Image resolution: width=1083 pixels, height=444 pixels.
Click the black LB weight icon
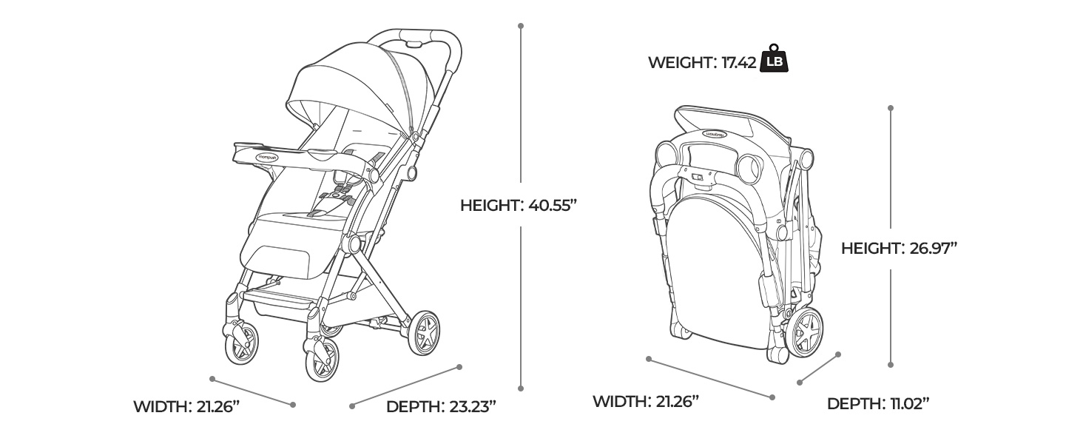(774, 59)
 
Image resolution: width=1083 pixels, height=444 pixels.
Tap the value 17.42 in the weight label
(738, 62)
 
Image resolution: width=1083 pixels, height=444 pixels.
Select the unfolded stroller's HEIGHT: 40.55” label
(519, 206)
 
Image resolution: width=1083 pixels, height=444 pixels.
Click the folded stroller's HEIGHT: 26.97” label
(900, 249)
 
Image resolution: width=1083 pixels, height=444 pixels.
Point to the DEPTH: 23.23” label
(441, 407)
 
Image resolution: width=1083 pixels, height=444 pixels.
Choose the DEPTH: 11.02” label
(878, 404)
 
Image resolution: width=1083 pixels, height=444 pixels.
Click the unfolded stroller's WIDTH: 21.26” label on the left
(186, 407)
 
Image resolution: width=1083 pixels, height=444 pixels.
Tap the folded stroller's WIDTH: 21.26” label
(646, 401)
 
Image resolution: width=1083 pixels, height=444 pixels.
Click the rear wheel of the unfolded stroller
(424, 333)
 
